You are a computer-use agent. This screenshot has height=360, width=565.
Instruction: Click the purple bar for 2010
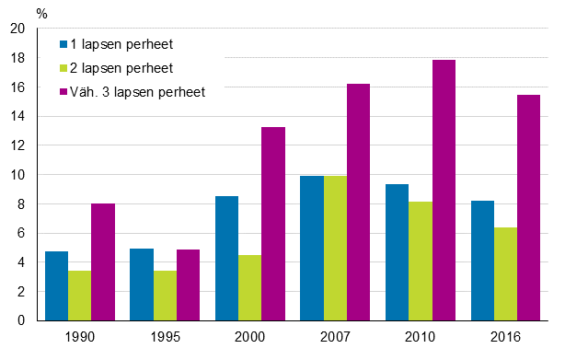pos(444,191)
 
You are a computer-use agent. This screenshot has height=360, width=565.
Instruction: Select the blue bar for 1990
pos(56,286)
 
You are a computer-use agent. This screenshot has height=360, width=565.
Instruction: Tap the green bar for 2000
pos(249,288)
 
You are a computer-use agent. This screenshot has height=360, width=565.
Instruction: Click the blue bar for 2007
pos(311,249)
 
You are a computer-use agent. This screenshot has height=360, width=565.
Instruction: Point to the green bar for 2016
pos(504,274)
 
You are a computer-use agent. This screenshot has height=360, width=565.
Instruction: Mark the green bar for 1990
pos(79,296)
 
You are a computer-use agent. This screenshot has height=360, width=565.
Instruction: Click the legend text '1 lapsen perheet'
pos(123,44)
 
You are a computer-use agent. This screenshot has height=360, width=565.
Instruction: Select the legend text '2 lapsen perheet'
pos(123,68)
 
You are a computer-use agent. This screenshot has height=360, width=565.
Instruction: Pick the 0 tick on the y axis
pos(20,321)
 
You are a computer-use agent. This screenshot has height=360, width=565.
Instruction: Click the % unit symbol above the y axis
pos(42,13)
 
